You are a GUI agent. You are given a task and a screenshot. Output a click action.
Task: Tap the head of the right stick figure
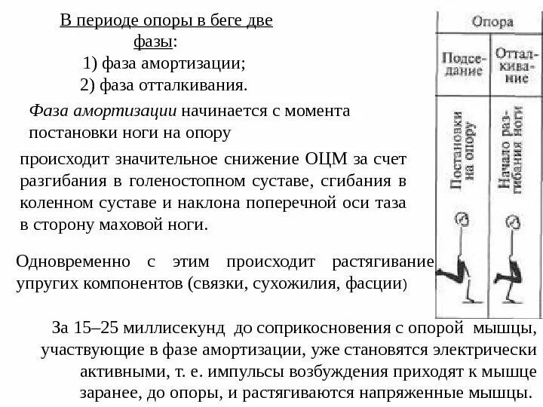511,221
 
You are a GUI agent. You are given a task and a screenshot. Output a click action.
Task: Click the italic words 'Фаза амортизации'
102,112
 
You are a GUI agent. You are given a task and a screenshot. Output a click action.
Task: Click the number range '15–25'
96,329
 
